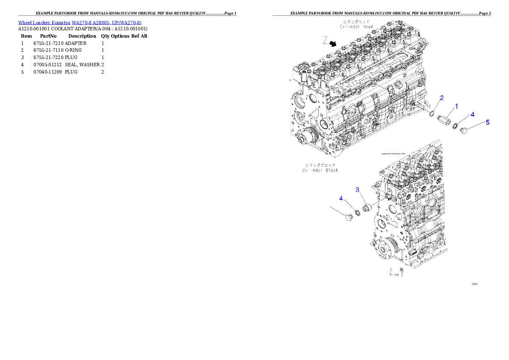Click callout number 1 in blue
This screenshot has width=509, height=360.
(456, 106)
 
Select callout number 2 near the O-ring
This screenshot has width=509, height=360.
(442, 97)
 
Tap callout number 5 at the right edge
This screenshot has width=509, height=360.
(487, 122)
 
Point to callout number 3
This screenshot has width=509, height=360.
(357, 189)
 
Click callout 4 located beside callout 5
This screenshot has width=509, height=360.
(472, 114)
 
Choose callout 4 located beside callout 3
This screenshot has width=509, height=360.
(341, 198)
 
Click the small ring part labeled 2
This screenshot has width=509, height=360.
(432, 113)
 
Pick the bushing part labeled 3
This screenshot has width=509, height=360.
(366, 208)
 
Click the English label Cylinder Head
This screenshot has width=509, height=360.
(356, 27)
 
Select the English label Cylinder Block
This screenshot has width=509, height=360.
(320, 170)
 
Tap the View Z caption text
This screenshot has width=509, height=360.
(396, 274)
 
